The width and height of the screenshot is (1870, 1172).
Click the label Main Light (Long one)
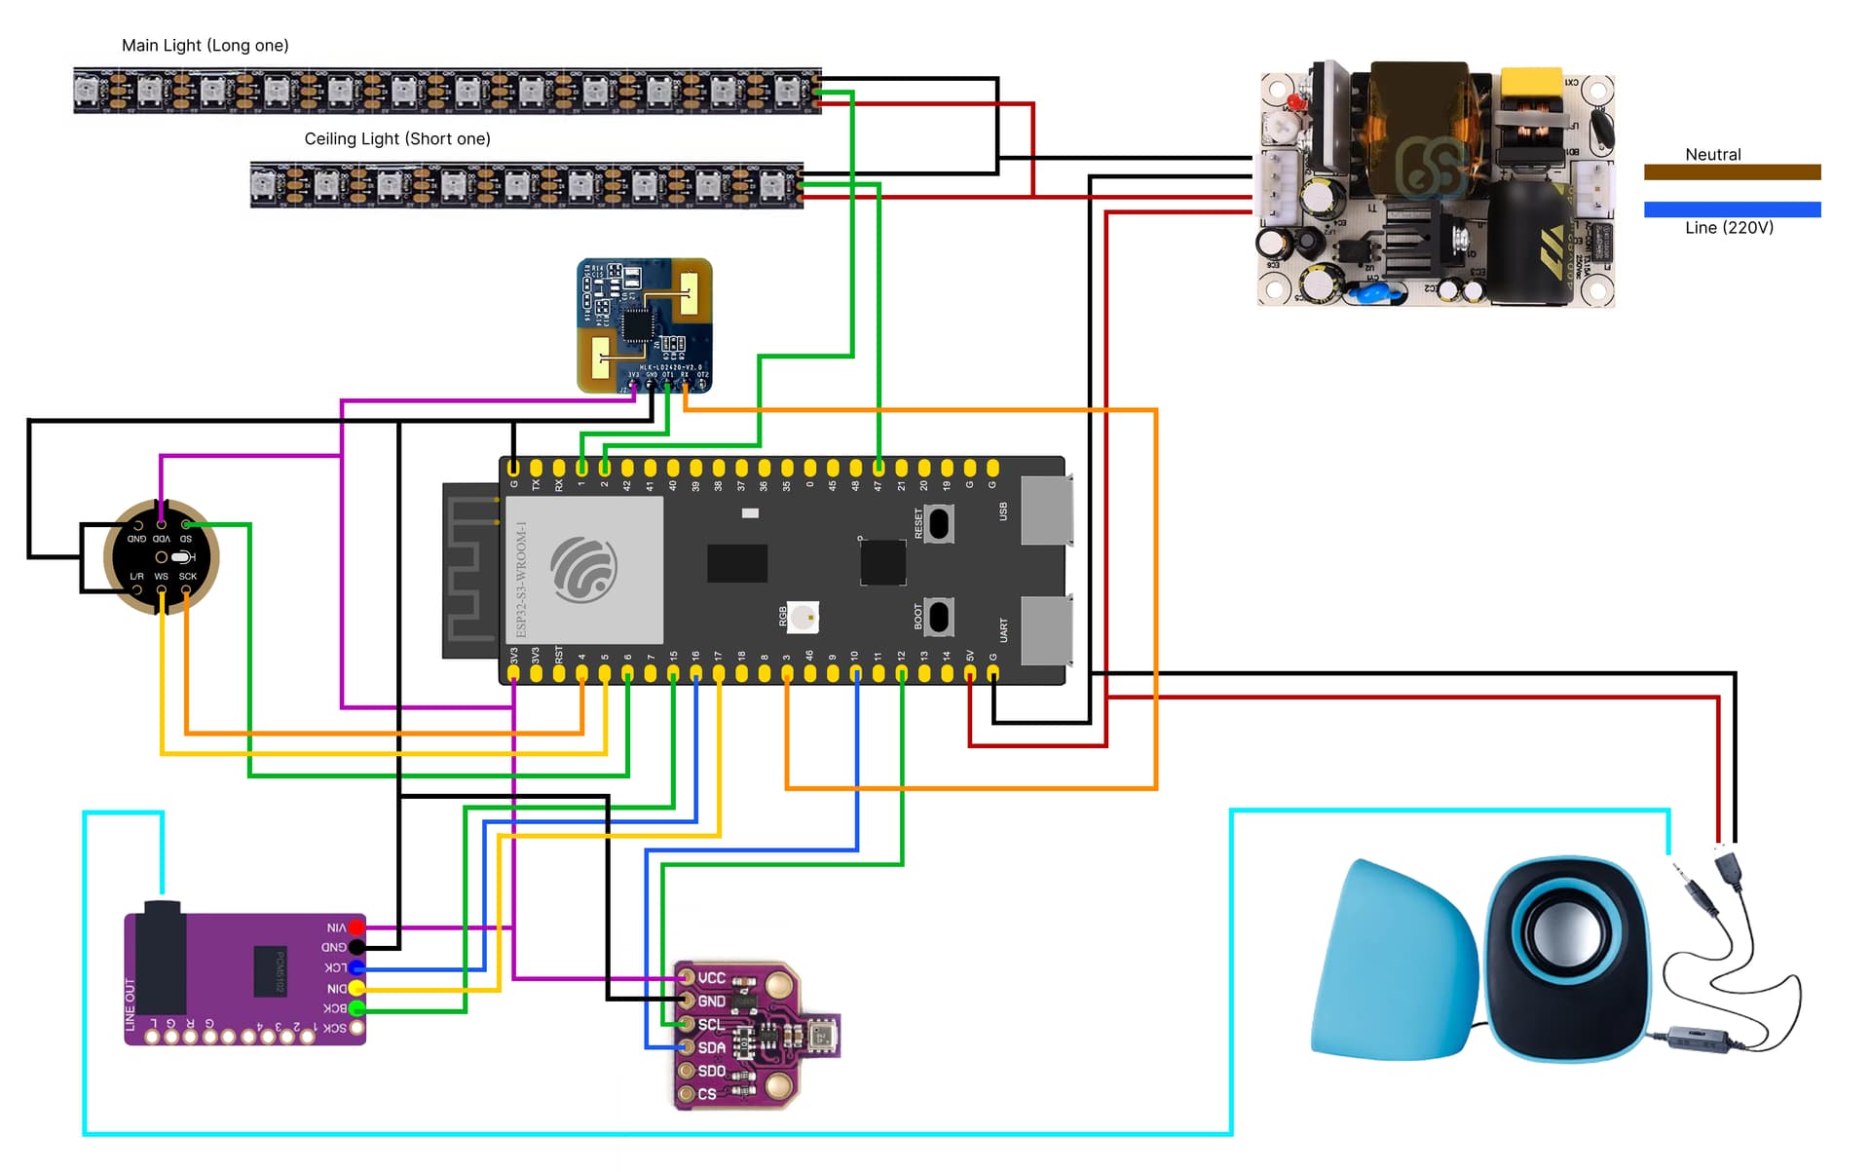pos(205,46)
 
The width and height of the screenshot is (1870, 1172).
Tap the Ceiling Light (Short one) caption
pos(397,139)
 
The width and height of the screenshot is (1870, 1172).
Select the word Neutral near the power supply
pos(1712,155)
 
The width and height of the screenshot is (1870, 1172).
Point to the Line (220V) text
pos(1729,228)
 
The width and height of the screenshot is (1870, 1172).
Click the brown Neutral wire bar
pos(1732,172)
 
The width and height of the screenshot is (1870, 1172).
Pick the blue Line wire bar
pos(1732,209)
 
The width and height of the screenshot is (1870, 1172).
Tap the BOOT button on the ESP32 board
pos(939,617)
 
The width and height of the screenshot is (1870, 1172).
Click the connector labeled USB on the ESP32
pos(1046,510)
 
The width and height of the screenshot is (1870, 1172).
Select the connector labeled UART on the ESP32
pos(1046,630)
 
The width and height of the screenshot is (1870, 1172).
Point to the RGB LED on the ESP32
pos(803,617)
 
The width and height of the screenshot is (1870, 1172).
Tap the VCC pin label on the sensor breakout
pos(711,978)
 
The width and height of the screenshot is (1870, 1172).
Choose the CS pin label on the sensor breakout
pos(707,1095)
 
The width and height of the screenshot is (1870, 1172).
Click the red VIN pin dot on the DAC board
pos(357,927)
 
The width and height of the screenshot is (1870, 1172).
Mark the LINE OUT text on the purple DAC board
pos(131,1004)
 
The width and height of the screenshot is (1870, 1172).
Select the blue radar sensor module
pos(644,325)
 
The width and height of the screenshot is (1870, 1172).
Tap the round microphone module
pos(162,557)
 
